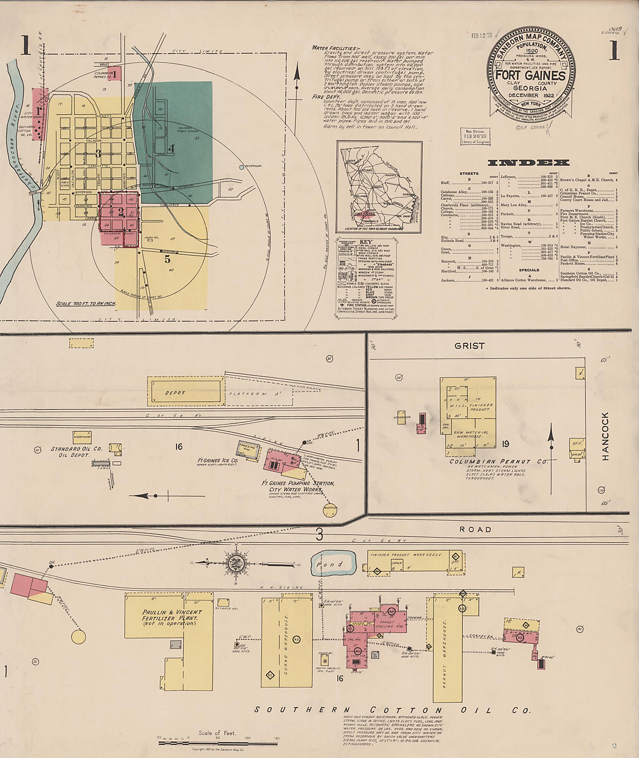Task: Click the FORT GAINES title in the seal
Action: pos(530,76)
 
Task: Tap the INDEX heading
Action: pos(528,163)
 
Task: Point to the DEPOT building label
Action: pos(175,393)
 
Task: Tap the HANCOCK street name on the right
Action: pos(605,436)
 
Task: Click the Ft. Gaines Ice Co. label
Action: pos(217,461)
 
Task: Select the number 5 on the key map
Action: pos(167,259)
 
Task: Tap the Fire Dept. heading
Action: pos(326,97)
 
